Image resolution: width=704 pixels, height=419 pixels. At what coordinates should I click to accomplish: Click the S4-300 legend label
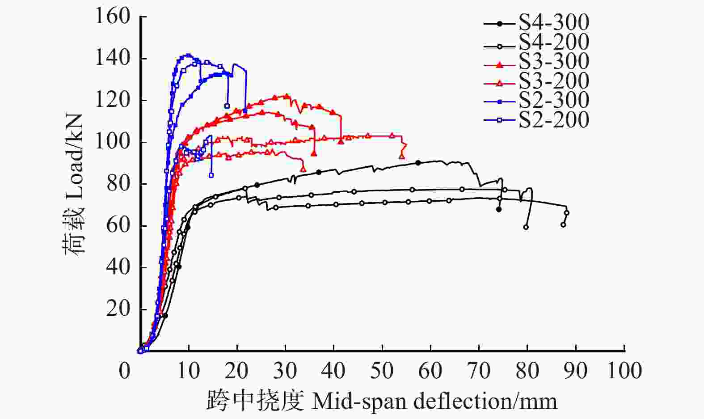point(554,23)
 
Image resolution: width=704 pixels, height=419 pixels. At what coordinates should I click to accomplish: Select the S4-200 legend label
point(554,42)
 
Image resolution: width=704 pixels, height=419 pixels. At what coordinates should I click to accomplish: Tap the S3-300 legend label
point(554,62)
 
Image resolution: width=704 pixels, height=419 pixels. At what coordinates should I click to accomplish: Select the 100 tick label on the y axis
point(113,142)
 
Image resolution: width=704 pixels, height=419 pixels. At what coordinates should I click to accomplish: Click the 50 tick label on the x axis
point(382,371)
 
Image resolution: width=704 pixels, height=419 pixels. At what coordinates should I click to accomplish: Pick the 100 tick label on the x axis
point(624,371)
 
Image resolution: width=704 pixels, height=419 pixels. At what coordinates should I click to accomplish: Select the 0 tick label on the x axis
point(125,371)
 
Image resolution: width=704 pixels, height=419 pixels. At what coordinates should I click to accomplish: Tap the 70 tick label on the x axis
point(479,371)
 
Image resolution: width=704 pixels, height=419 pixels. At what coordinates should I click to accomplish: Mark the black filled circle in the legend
point(500,23)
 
